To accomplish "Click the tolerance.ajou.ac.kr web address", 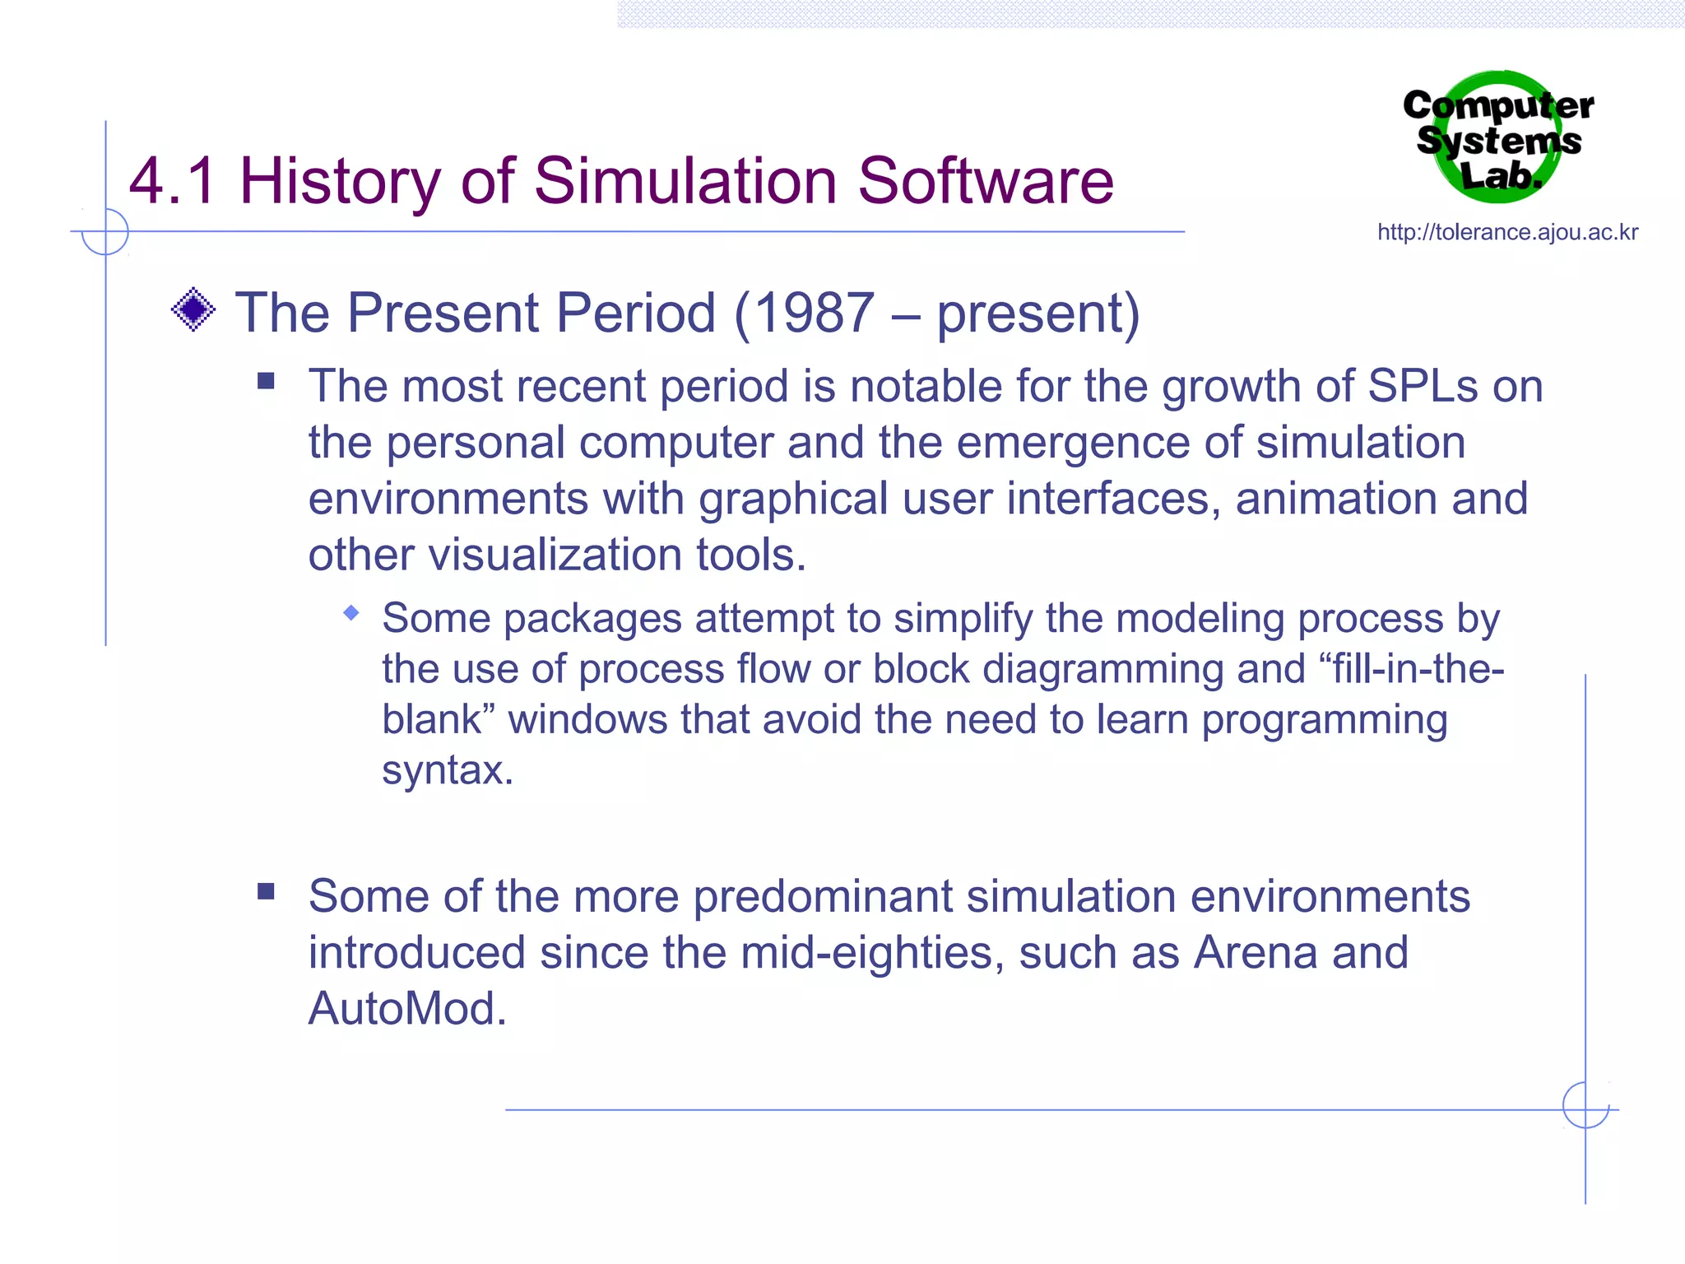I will [x=1507, y=232].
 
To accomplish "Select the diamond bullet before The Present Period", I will [x=193, y=310].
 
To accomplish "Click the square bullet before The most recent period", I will [x=266, y=381].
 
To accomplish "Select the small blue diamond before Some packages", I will [x=351, y=612].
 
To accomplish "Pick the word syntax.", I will [x=447, y=770].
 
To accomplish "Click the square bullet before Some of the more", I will [x=266, y=892].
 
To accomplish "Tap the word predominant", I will [x=823, y=896].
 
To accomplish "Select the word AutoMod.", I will [x=406, y=1009].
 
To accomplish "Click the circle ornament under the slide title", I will [x=105, y=232].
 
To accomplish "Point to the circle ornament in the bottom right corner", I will [x=1585, y=1105].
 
